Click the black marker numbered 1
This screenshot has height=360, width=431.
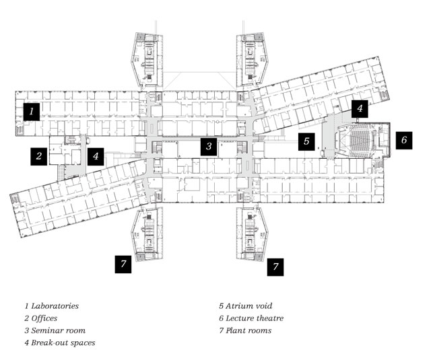(32, 112)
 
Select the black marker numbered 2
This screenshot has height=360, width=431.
(39, 157)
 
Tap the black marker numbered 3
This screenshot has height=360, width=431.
(209, 147)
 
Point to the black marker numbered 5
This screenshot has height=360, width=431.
(306, 141)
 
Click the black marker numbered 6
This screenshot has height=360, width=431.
(404, 141)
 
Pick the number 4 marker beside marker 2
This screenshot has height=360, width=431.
(96, 157)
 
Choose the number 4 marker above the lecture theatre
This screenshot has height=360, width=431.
(360, 109)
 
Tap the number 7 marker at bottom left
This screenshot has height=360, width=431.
(123, 264)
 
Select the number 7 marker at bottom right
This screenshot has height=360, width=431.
(275, 267)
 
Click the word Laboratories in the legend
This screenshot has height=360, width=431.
(55, 306)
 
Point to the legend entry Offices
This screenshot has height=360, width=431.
(40, 318)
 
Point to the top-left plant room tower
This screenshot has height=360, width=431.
(147, 60)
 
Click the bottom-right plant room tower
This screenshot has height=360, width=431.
(253, 234)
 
